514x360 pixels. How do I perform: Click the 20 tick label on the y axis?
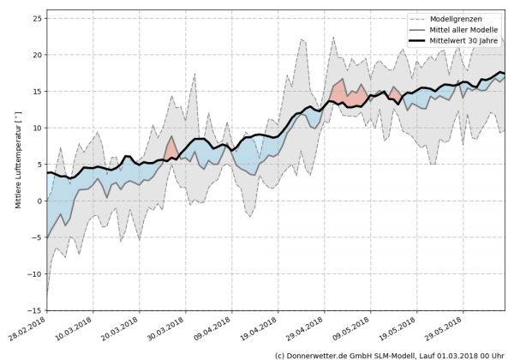(x=36, y=55)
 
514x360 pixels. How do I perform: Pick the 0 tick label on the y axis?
(x=39, y=201)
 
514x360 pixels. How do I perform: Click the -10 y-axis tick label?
(x=34, y=273)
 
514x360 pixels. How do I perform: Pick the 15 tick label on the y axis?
(x=36, y=91)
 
